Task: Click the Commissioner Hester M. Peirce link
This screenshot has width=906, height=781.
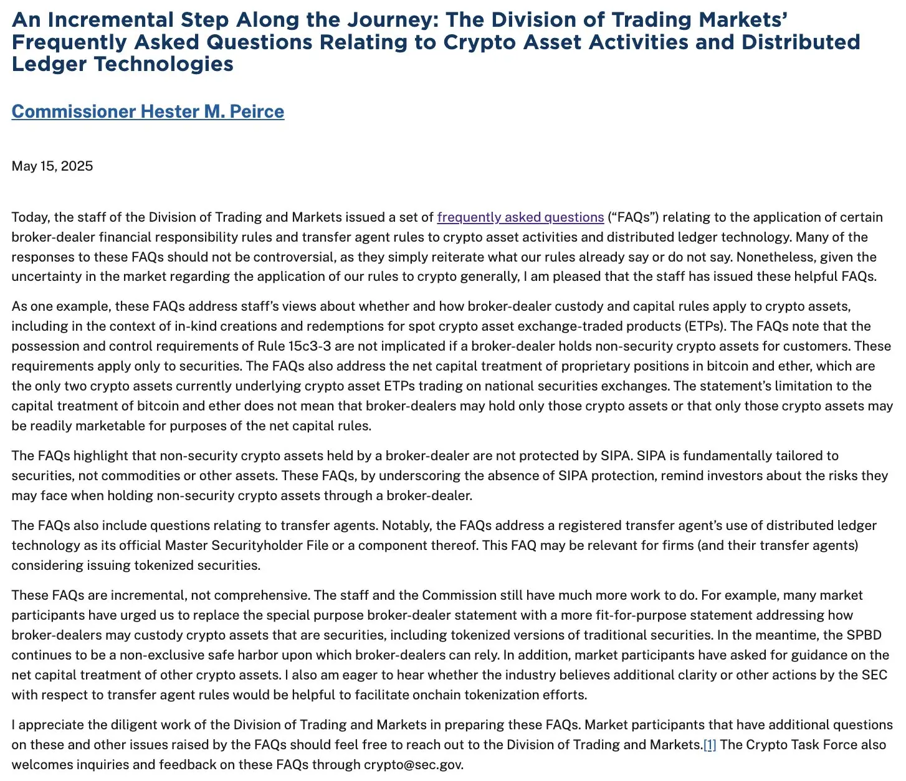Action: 148,111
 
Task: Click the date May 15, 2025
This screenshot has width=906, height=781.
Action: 52,166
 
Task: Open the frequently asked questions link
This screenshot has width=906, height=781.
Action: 520,217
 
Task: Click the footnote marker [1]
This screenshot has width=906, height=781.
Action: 710,745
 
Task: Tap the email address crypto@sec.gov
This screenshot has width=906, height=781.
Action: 413,765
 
